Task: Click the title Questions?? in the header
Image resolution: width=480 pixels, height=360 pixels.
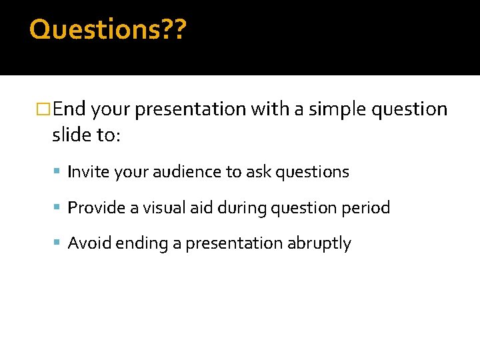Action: (x=109, y=29)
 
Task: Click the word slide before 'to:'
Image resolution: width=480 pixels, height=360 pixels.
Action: (x=72, y=135)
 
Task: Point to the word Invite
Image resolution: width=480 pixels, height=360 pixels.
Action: (x=89, y=172)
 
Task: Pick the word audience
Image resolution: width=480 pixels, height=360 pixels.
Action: (x=185, y=172)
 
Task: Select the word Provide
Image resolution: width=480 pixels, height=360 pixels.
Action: (x=94, y=208)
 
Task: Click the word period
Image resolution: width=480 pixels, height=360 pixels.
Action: (x=365, y=208)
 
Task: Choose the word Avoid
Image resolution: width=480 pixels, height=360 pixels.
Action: (x=90, y=243)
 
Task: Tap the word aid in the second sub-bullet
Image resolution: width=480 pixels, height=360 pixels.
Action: (x=200, y=208)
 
